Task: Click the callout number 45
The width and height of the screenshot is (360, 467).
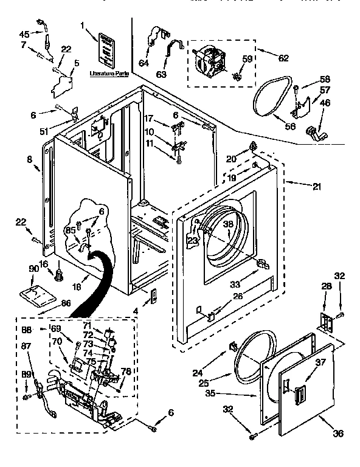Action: tap(24, 33)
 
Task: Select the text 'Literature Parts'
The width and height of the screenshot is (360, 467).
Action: tap(109, 72)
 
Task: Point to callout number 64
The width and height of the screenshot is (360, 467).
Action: tap(144, 62)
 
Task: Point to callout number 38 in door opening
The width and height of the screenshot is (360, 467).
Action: tap(229, 223)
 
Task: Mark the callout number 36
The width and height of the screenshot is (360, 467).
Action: tap(338, 433)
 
